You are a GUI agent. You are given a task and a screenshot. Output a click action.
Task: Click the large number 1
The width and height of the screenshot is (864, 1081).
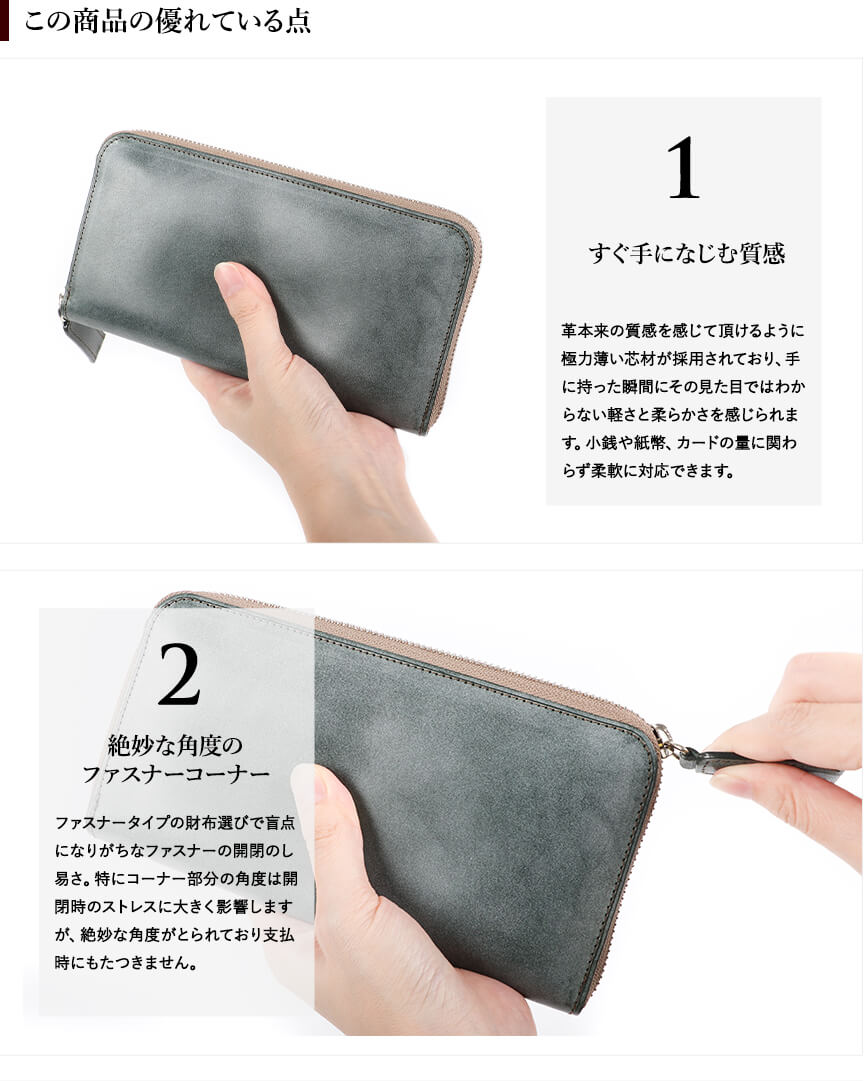click(683, 168)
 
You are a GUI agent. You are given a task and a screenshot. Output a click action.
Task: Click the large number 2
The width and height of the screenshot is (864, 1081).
click(179, 674)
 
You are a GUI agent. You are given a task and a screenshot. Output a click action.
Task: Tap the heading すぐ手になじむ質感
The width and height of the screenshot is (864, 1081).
click(687, 254)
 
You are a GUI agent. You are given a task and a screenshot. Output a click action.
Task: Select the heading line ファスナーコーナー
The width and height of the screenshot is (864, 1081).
click(176, 774)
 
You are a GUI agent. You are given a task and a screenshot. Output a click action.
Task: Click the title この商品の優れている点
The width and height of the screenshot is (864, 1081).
click(168, 21)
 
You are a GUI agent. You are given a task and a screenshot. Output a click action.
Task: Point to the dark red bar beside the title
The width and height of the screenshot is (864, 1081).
click(4, 21)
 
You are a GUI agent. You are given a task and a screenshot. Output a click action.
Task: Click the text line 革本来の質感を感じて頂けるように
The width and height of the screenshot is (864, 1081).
click(683, 331)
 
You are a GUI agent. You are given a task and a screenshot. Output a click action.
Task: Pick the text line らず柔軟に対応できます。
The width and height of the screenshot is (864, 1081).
click(648, 471)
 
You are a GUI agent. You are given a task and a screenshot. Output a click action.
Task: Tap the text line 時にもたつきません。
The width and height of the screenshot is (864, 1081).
click(126, 962)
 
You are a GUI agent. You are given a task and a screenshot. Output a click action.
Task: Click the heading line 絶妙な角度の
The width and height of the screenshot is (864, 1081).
click(176, 745)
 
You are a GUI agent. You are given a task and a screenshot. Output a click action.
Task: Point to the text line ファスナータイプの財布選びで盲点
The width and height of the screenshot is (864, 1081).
click(175, 822)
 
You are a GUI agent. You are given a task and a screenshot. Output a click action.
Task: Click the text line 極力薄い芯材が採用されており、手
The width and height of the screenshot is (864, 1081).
click(681, 359)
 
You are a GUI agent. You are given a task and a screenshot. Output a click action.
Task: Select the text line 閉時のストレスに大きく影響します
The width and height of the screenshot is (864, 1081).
click(174, 907)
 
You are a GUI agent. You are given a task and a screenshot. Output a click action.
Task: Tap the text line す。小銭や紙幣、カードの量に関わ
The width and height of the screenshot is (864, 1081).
click(679, 443)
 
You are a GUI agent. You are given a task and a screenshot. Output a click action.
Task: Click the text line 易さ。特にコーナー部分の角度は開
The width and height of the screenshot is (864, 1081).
click(176, 879)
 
